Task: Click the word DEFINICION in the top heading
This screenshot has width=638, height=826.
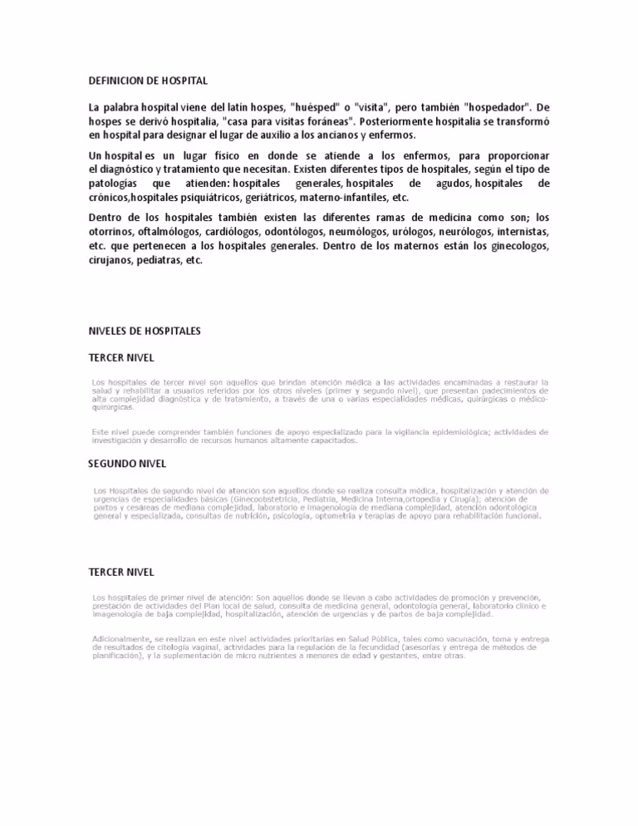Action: [x=116, y=81]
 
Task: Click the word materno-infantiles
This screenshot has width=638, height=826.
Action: [x=348, y=198]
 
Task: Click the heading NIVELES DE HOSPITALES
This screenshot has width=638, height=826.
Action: [x=145, y=331]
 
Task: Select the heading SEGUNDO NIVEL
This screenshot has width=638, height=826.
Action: [x=127, y=463]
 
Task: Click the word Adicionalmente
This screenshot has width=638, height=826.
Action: [x=120, y=638]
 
